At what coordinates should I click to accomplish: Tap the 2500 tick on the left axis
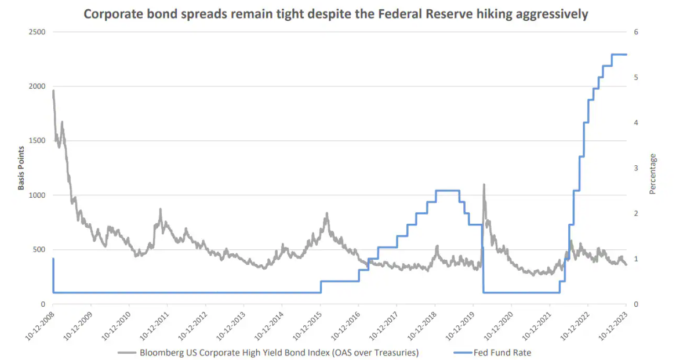tap(37, 32)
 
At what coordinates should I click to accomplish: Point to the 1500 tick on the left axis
tap(37, 141)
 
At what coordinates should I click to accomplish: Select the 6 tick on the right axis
tap(636, 32)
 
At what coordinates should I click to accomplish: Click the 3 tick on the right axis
tap(636, 168)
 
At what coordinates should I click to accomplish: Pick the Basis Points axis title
tap(21, 168)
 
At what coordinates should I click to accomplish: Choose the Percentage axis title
tap(653, 173)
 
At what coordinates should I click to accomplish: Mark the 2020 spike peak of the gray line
tap(484, 185)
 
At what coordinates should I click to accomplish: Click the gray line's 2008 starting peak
tap(53, 91)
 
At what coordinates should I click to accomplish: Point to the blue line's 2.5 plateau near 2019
tap(447, 191)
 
